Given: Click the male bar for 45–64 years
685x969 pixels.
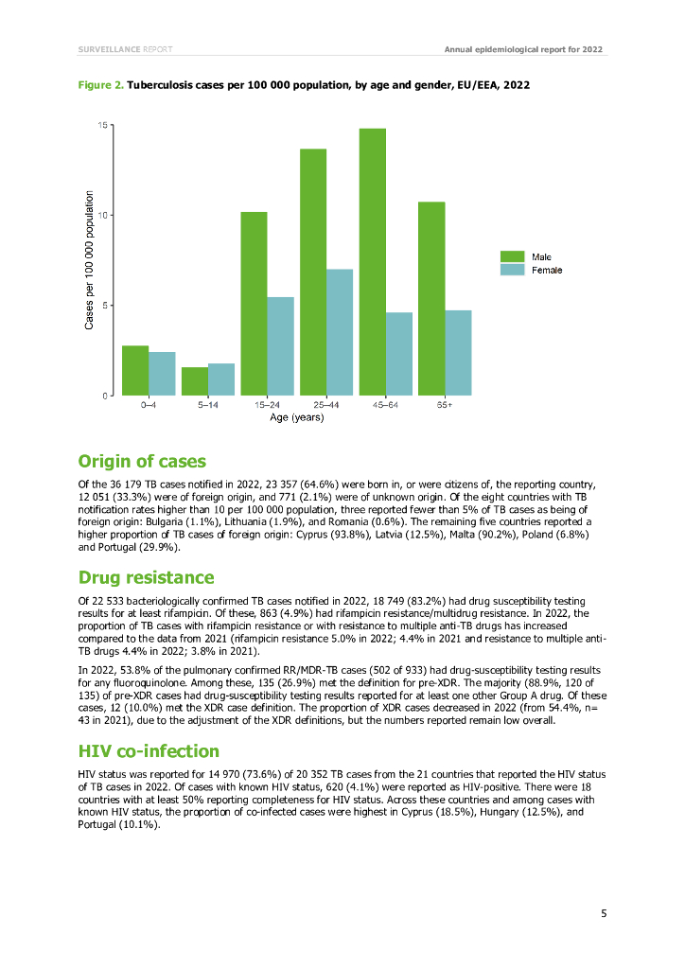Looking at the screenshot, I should pyautogui.click(x=372, y=262).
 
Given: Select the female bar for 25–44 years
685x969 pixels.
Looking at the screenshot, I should pyautogui.click(x=340, y=332).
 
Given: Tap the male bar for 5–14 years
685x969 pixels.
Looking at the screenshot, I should pyautogui.click(x=195, y=381).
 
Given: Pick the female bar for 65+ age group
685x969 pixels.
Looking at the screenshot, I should pyautogui.click(x=458, y=352).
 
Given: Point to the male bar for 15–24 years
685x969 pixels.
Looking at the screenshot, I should pyautogui.click(x=254, y=304).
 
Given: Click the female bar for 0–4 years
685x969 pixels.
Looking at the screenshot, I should pyautogui.click(x=162, y=374).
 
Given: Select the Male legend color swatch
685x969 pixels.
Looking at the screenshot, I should pyautogui.click(x=512, y=256).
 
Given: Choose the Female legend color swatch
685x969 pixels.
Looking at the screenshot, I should pyautogui.click(x=512, y=270).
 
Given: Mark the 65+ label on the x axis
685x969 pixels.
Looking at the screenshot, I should pyautogui.click(x=444, y=405).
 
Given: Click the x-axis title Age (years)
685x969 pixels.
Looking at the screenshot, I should pyautogui.click(x=296, y=417).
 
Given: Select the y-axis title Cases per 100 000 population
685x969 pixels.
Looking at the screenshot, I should pyautogui.click(x=90, y=260).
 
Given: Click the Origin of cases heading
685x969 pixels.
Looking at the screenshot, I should pyautogui.click(x=141, y=462).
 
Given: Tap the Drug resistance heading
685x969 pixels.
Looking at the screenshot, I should pyautogui.click(x=146, y=577).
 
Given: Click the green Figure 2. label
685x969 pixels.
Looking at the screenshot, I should pyautogui.click(x=100, y=85).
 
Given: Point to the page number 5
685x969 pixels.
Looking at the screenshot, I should pyautogui.click(x=604, y=913).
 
